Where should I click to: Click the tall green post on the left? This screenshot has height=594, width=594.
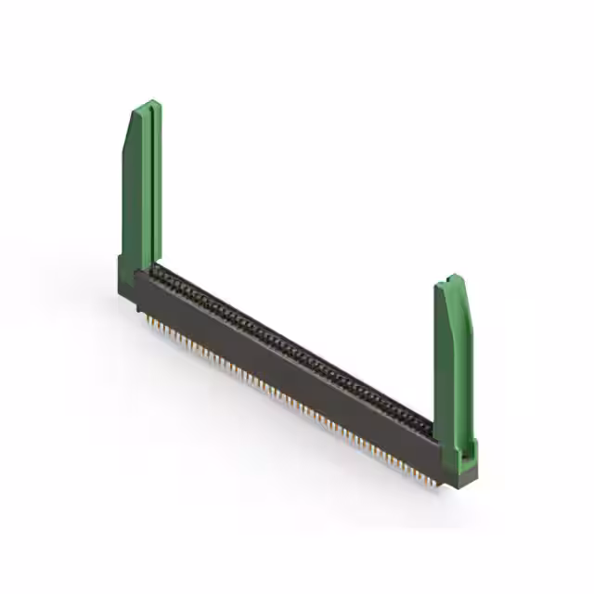pos(140,186)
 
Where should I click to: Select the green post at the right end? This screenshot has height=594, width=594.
pos(455,362)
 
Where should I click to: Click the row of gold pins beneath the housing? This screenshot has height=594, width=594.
pos(278,390)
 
